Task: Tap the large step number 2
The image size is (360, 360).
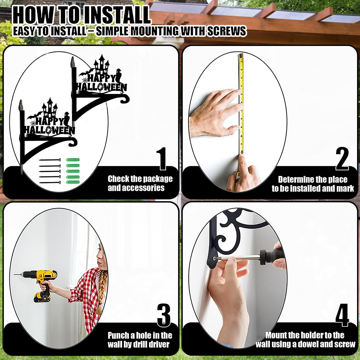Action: point(342,158)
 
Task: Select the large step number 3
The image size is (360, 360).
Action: point(164,315)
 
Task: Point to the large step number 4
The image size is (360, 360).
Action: point(342,315)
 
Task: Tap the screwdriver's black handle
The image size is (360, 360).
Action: point(272,256)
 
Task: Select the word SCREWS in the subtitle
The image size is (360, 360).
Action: point(226,31)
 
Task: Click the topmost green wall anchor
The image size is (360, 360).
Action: point(73,160)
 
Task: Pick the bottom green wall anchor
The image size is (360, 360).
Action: point(73,182)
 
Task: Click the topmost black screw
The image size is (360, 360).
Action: point(50,160)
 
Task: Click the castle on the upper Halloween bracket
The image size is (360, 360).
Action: point(101,64)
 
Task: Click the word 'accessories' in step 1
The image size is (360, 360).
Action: point(136,188)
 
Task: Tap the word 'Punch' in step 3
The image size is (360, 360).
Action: point(118,336)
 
